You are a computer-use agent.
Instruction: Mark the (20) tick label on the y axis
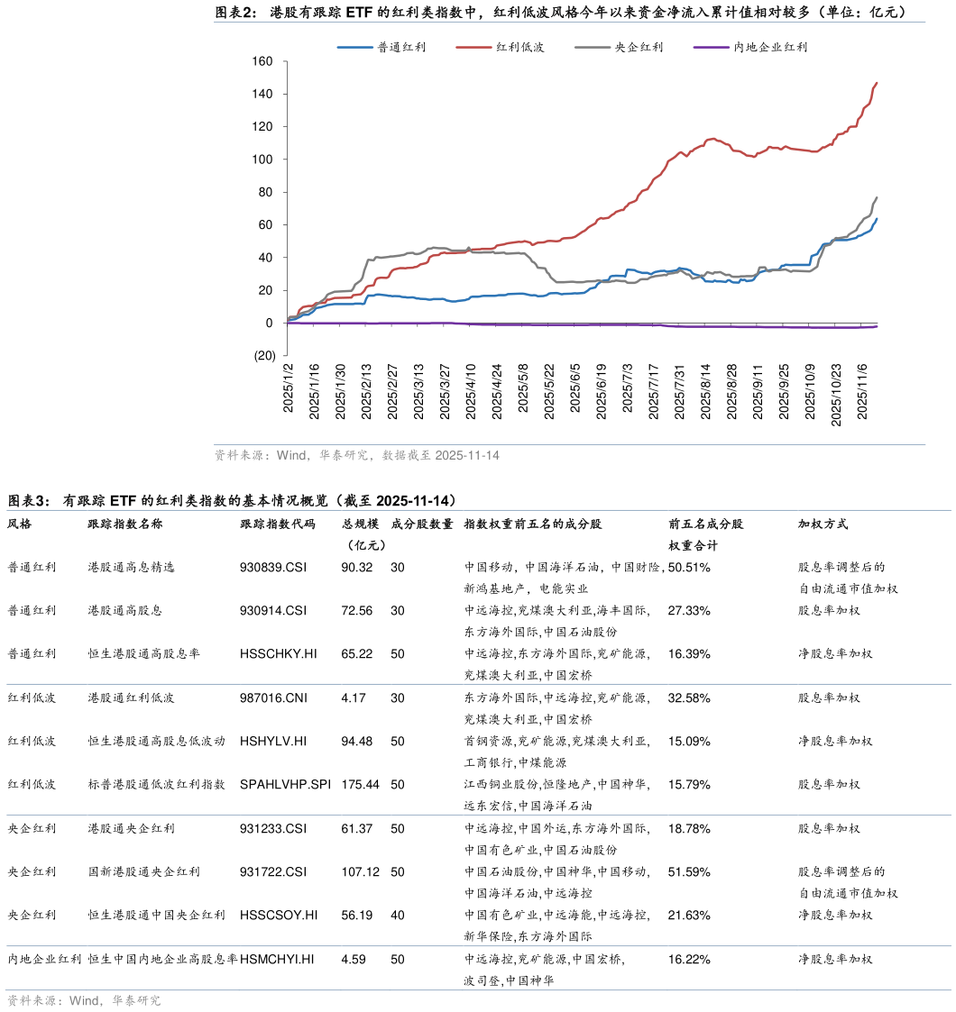(x=264, y=356)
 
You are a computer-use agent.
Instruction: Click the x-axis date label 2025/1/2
(x=289, y=388)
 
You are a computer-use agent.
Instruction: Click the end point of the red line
(x=877, y=83)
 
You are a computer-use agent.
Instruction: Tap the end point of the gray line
(x=877, y=197)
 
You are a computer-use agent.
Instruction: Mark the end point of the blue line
(x=877, y=219)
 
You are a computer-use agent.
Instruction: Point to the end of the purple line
(x=877, y=326)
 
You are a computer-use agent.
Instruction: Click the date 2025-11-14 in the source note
(x=467, y=456)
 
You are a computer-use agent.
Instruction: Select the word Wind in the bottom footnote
(x=84, y=1001)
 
